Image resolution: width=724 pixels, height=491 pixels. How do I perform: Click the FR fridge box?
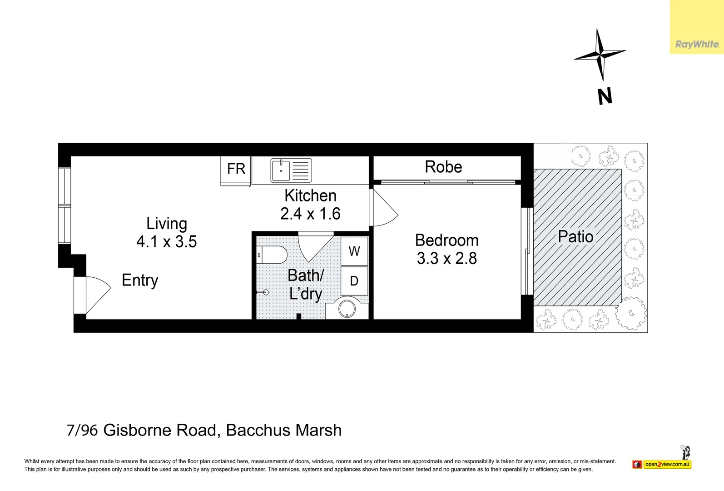point(236,171)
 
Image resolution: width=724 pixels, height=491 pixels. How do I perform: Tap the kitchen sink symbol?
point(291,170)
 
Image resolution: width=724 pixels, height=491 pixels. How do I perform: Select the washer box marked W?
point(354,251)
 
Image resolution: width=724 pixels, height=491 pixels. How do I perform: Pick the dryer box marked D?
point(354,281)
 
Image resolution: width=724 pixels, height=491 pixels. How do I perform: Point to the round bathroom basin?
point(347,309)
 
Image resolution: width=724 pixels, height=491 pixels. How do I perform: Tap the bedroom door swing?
point(384,207)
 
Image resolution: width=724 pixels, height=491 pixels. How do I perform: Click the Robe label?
point(443,167)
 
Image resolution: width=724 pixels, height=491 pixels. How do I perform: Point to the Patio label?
point(575,237)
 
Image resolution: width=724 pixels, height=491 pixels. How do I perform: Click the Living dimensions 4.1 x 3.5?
point(166,241)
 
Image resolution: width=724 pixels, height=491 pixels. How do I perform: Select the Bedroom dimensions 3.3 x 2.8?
point(446,258)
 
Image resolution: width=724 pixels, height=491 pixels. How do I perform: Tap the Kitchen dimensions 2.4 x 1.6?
point(310,214)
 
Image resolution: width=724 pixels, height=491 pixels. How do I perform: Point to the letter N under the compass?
point(605,96)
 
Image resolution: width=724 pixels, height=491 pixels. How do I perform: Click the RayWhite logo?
point(697,44)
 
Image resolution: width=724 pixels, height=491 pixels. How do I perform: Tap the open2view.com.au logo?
point(662,464)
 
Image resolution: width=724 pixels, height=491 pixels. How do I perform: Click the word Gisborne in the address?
point(160,430)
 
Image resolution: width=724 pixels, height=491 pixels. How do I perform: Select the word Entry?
point(140,280)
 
